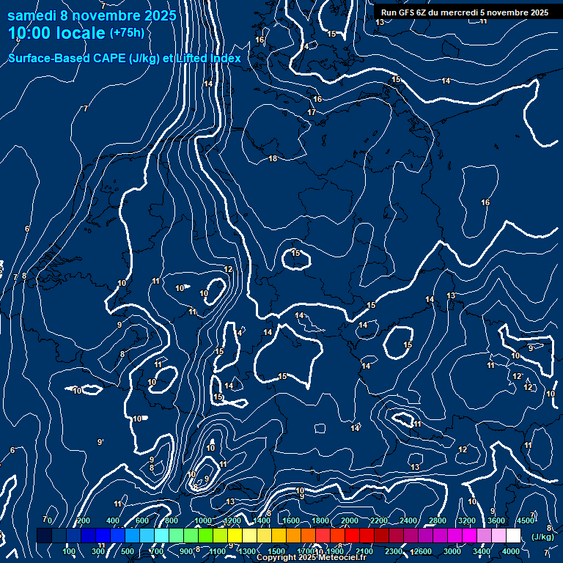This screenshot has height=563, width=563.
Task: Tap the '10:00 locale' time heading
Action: click(57, 33)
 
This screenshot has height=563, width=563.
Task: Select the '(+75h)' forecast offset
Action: click(127, 33)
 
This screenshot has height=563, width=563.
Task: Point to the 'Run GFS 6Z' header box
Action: click(462, 12)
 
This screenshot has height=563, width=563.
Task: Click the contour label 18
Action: click(273, 158)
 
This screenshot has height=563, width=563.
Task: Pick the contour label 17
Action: click(312, 112)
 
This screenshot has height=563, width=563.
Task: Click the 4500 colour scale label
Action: click(525, 520)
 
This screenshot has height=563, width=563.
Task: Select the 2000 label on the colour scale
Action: click(350, 520)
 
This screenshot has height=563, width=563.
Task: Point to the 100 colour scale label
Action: click(70, 551)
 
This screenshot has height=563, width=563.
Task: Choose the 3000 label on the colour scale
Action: click(452, 551)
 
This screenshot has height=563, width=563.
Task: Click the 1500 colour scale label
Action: click(276, 551)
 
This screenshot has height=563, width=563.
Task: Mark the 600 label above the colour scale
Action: click(141, 520)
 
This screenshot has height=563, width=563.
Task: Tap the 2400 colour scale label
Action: click(408, 520)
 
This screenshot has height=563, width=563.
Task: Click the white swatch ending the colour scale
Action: click(513, 536)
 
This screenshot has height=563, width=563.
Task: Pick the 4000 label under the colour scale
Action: click(511, 551)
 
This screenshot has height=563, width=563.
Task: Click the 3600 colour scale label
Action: click(496, 520)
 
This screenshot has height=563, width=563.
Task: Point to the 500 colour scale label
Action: click(128, 551)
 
